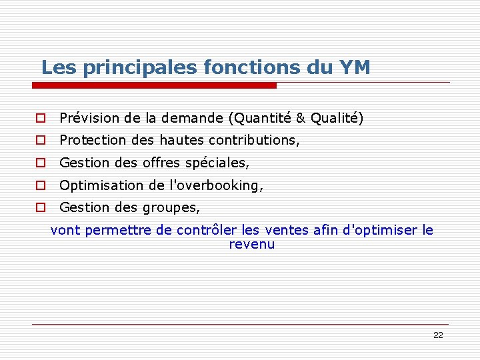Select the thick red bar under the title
154,85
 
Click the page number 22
438,335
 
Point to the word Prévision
88,119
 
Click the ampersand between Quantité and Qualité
300,119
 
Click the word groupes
171,208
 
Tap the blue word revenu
252,245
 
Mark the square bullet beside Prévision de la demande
41,119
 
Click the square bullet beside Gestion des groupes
41,208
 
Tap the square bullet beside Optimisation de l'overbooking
41,185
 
